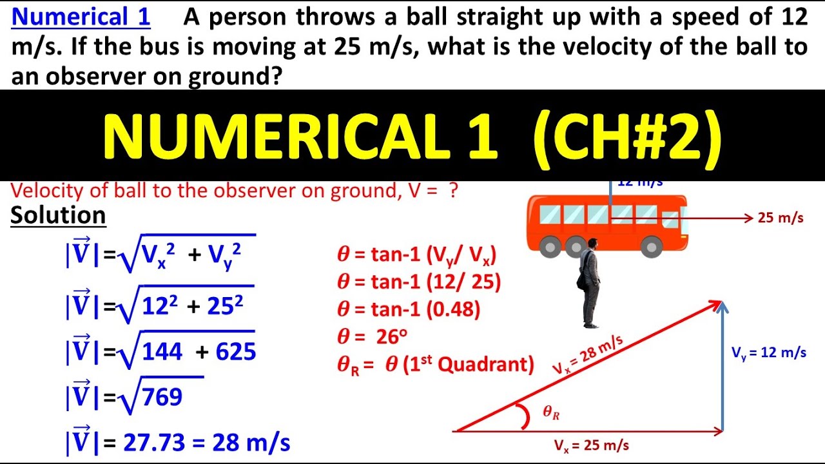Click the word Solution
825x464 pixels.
tap(58, 215)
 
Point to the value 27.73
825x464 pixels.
tap(148, 443)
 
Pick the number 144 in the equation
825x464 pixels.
tap(162, 352)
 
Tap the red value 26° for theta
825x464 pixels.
tap(386, 336)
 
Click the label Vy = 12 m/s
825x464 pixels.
tap(768, 353)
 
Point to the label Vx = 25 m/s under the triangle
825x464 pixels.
tap(591, 445)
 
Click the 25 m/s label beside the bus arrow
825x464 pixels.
tap(781, 218)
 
